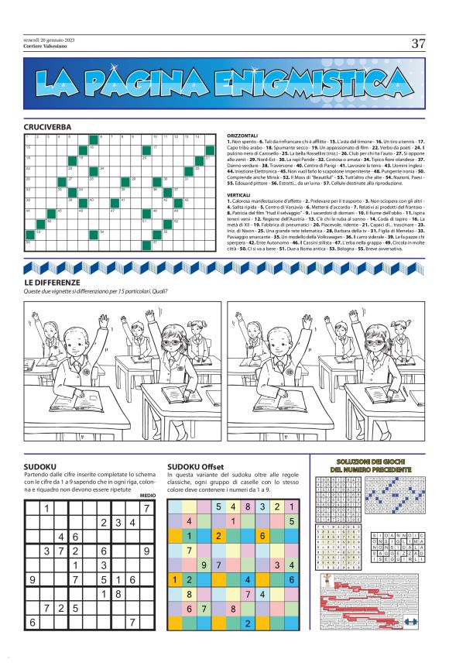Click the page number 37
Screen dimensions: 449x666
418,43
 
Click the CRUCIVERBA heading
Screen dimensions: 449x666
47,125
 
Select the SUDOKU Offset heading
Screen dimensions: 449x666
195,466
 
